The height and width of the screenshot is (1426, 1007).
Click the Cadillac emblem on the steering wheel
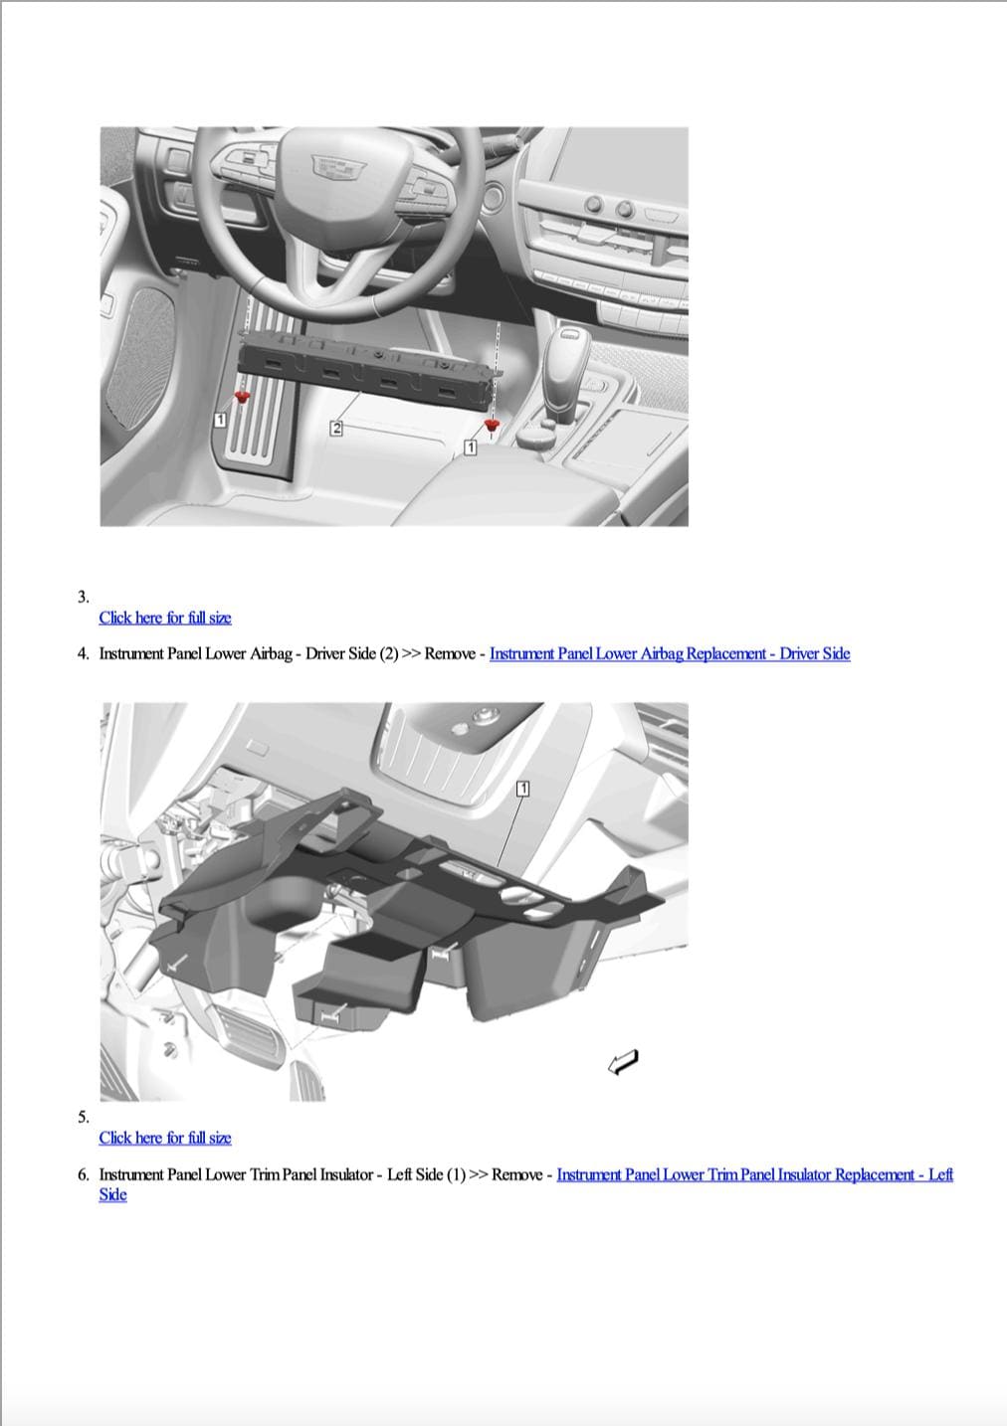click(x=339, y=167)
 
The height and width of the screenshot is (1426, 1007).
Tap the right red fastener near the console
click(x=492, y=425)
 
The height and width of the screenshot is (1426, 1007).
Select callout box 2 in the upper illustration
click(x=336, y=428)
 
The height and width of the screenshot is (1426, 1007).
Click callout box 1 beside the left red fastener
click(x=220, y=420)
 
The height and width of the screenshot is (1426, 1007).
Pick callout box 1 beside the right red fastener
click(x=470, y=447)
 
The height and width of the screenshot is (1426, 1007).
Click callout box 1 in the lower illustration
click(x=522, y=789)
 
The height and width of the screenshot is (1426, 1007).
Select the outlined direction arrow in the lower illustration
click(x=623, y=1061)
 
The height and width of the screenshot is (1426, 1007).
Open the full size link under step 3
click(x=165, y=618)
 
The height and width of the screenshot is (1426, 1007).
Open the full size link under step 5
click(x=165, y=1138)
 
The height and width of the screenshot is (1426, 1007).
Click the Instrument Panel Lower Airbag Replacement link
click(x=670, y=653)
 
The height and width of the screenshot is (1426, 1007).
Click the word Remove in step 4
click(x=450, y=653)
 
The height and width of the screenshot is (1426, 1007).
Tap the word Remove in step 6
click(x=517, y=1174)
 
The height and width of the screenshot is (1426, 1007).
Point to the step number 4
click(x=83, y=653)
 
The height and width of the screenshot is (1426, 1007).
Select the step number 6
click(x=83, y=1174)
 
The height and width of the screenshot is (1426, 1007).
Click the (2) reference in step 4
click(x=388, y=653)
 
